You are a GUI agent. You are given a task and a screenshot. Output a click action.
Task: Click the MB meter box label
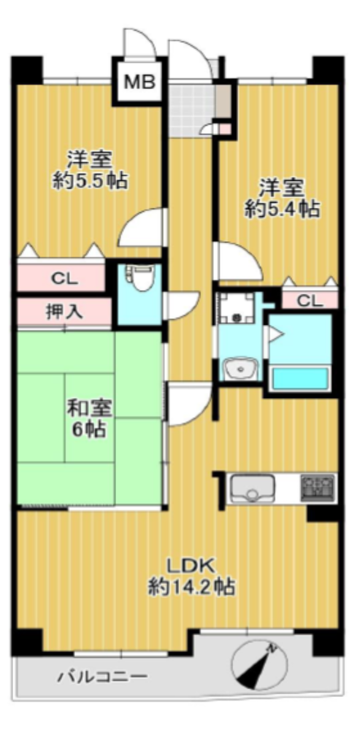click(x=139, y=83)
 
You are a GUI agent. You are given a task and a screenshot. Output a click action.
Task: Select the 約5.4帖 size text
click(x=282, y=210)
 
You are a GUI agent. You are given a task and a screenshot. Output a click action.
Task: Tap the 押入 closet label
click(x=64, y=312)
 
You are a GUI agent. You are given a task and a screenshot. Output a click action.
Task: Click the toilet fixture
click(x=138, y=281)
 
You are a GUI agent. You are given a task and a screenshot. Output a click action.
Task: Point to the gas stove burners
click(x=318, y=488)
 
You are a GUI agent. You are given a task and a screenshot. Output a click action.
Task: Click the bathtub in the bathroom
click(x=300, y=378)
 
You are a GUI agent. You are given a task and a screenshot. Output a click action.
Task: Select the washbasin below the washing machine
click(x=240, y=369)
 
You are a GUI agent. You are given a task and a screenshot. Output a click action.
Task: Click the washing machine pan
click(x=237, y=308)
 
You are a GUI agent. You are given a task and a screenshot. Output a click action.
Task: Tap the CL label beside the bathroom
click(x=310, y=301)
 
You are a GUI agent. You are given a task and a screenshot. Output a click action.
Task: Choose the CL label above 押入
click(x=65, y=280)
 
